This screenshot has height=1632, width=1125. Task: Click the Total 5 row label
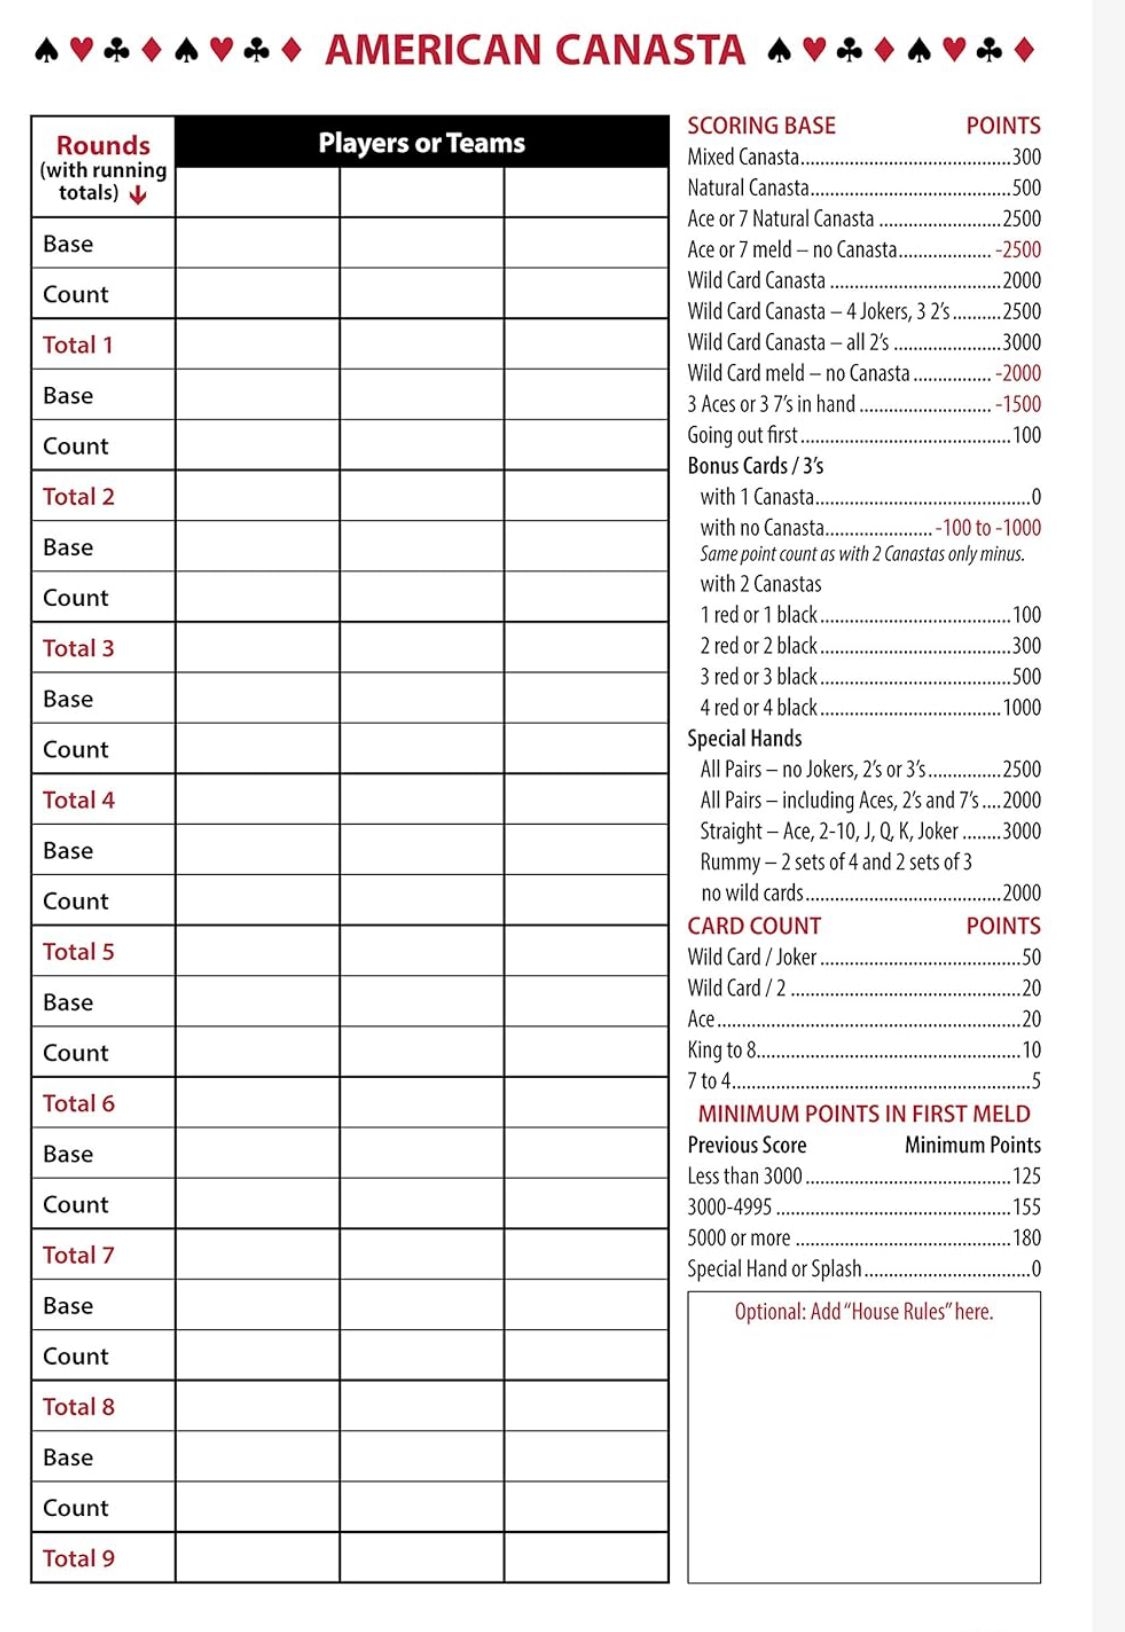click(x=78, y=951)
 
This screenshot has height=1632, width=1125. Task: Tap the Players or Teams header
click(x=421, y=143)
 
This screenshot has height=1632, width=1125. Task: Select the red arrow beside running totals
click(x=138, y=195)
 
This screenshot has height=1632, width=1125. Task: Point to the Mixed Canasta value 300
click(x=1026, y=157)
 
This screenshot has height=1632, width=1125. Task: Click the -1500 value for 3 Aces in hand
click(x=1018, y=404)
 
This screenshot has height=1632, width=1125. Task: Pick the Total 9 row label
click(x=78, y=1558)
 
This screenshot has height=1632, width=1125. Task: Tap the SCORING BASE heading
click(x=761, y=126)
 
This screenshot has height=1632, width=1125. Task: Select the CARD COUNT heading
click(x=754, y=926)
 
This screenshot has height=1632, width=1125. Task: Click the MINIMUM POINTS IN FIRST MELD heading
click(x=864, y=1114)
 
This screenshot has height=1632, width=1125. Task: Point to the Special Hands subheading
click(x=744, y=739)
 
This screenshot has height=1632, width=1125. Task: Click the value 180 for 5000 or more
click(x=1026, y=1238)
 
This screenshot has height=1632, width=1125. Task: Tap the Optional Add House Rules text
click(x=864, y=1312)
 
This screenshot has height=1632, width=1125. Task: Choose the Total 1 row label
click(x=77, y=345)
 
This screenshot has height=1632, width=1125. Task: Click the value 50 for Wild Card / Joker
click(x=1031, y=957)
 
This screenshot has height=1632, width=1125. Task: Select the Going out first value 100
click(x=1026, y=435)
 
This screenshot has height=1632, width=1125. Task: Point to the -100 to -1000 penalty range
click(x=988, y=528)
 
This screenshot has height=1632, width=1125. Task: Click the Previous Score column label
click(x=746, y=1145)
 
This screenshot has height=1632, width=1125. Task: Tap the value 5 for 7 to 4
click(x=1036, y=1081)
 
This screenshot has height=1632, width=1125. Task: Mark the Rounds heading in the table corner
click(x=103, y=145)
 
